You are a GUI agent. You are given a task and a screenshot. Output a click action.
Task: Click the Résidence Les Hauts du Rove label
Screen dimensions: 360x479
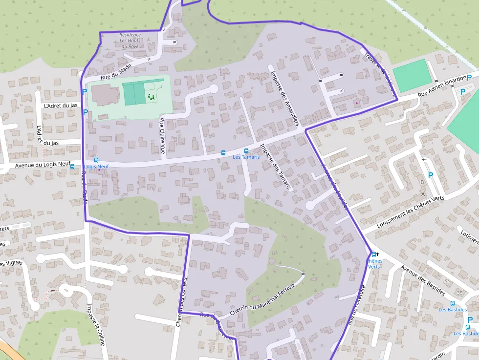coord(130,41)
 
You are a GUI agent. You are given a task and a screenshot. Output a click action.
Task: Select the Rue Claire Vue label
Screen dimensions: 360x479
coord(162,136)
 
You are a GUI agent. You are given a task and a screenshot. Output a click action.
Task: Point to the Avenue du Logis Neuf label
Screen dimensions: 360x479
coord(43,165)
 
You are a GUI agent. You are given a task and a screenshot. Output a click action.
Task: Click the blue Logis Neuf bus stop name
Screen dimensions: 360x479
coord(96,167)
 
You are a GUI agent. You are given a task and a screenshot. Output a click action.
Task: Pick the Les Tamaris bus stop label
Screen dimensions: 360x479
coord(243,157)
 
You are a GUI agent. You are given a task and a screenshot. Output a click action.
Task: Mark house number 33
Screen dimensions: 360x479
coord(446,280)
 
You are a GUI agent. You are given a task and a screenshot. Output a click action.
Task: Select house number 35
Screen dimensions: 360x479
coord(459,292)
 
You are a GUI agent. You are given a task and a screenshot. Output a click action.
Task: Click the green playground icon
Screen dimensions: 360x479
coord(151,98)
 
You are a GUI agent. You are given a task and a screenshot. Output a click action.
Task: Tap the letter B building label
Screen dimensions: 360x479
coord(422,182)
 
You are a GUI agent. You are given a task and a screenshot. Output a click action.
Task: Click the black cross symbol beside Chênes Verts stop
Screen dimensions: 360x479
coord(377,254)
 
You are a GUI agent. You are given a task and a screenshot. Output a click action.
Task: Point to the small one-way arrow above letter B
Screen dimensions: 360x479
coord(424,159)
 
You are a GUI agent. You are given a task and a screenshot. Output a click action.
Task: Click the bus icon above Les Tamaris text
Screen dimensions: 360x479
coord(246,151)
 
